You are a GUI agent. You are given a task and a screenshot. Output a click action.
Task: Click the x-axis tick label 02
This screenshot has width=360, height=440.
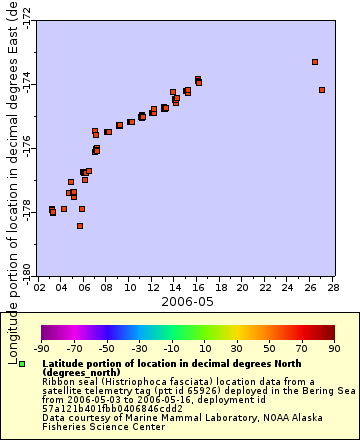coord(39,287)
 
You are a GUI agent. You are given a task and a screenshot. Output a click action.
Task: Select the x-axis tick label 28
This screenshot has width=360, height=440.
coord(332,287)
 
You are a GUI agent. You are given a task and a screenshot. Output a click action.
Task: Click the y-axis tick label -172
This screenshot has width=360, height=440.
coord(26,18)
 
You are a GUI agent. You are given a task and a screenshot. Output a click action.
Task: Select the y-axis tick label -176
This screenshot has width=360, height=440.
coord(26,149)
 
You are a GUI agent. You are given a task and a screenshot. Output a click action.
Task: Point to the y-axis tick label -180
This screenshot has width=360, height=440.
coord(26,268)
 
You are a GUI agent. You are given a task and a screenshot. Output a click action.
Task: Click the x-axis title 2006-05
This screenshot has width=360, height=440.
coord(186,300)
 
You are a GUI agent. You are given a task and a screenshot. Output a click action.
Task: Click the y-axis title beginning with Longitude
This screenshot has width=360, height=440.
coord(13,180)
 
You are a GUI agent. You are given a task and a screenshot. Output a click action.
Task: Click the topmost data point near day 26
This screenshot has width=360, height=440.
coord(315,62)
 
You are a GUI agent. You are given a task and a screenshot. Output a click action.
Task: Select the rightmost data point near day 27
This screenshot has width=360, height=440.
coord(322,90)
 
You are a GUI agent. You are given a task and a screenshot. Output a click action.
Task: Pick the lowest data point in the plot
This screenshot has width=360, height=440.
coord(80,226)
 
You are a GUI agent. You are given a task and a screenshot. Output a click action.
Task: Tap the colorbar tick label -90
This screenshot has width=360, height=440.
coord(42,349)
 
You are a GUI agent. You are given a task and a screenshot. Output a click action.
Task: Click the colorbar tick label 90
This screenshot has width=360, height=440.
coord(332,349)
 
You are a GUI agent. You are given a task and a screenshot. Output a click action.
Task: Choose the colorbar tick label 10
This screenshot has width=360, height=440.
coord(203,349)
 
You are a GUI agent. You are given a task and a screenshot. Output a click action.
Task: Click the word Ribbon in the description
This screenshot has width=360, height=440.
coord(58,381)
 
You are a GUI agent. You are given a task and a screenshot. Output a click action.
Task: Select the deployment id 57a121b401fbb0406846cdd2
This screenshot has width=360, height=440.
coord(99,408)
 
